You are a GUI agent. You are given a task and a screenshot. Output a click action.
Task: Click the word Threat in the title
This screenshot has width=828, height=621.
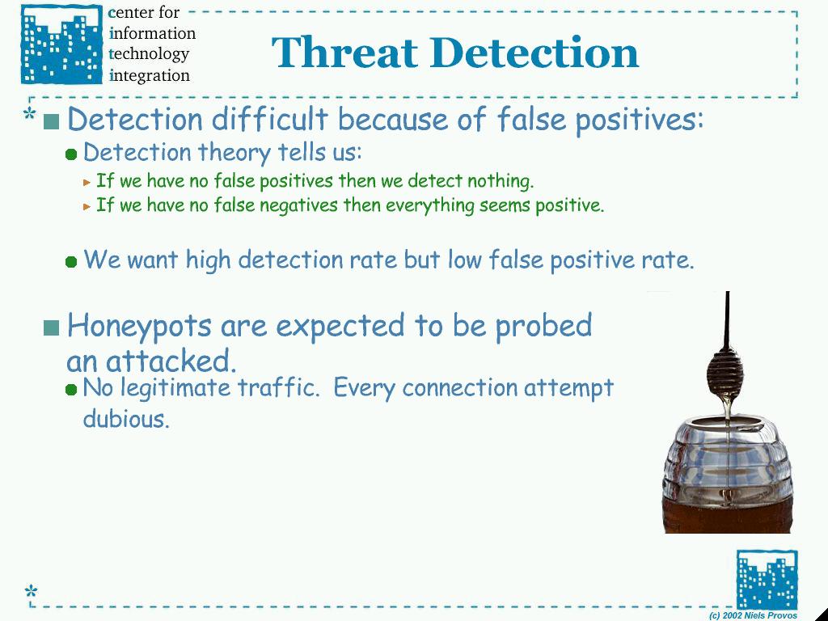[x=344, y=53]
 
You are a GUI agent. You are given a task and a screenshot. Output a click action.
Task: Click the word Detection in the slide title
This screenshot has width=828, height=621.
[x=534, y=53]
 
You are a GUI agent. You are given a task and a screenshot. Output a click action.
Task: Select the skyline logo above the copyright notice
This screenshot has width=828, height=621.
[x=767, y=579]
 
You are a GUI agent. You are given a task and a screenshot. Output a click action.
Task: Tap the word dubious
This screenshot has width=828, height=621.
[x=126, y=419]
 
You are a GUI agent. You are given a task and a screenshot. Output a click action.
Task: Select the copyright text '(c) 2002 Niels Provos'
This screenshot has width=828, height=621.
[x=753, y=615]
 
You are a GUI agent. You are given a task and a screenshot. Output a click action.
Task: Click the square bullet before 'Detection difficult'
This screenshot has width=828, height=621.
[x=51, y=121]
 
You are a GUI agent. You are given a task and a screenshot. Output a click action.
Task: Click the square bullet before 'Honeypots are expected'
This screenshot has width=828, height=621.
[x=51, y=328]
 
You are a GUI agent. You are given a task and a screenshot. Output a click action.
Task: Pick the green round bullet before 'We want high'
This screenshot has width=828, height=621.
[x=71, y=261]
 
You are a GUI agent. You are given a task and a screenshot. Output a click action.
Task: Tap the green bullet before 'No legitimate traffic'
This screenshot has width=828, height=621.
[x=71, y=390]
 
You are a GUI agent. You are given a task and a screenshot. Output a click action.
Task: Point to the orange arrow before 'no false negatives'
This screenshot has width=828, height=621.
[x=87, y=206]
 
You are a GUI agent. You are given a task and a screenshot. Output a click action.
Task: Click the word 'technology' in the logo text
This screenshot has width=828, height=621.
[x=149, y=54]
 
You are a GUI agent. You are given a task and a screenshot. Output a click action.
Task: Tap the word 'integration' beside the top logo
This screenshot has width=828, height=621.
[x=150, y=75]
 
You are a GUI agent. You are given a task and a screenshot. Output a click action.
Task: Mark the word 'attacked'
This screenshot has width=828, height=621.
[x=171, y=361]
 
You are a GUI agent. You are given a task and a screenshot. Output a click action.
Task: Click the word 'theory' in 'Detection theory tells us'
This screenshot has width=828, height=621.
[x=234, y=153]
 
